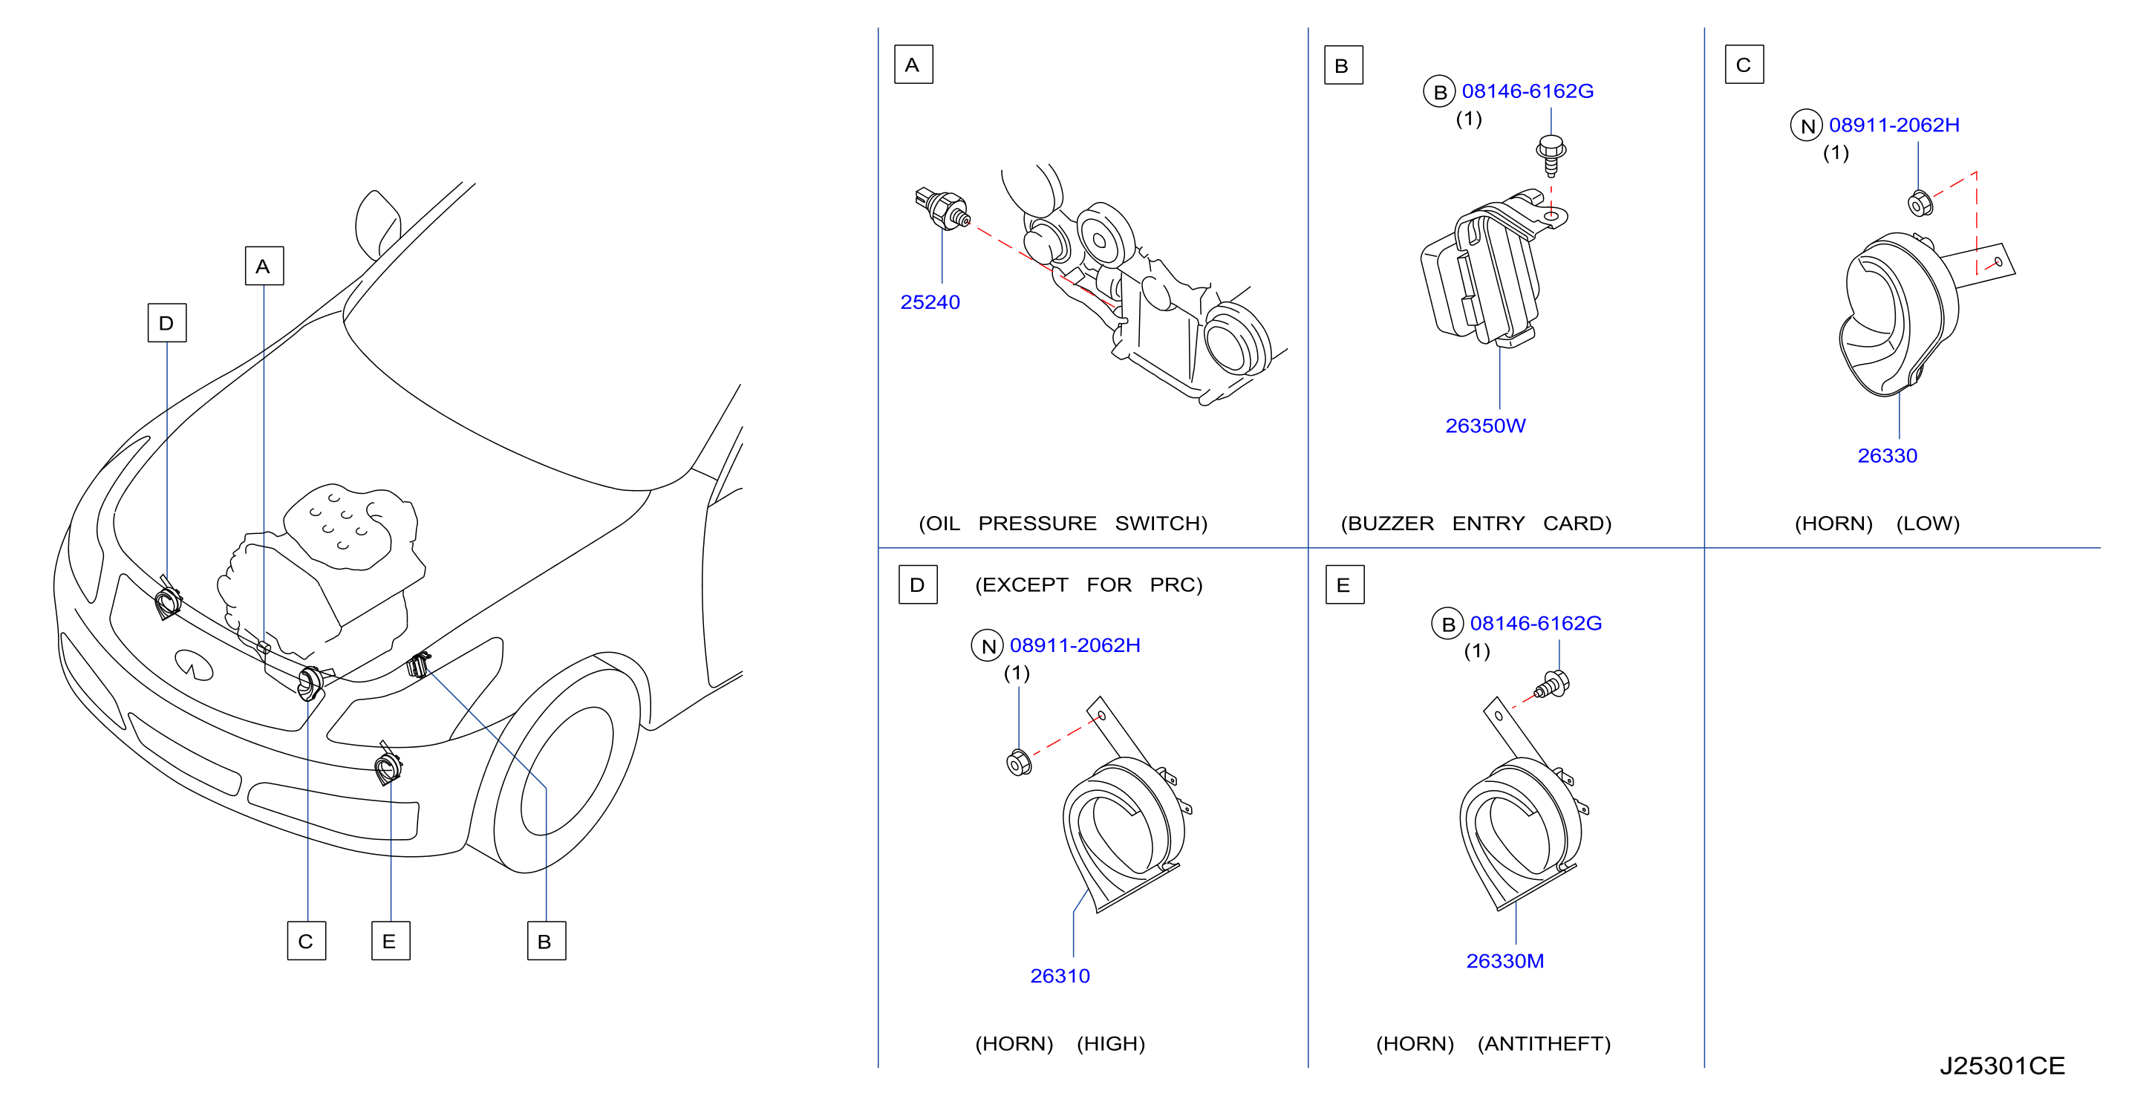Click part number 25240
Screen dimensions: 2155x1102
(x=930, y=302)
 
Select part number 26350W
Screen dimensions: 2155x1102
(x=1485, y=426)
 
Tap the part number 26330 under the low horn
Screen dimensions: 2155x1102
(x=1888, y=456)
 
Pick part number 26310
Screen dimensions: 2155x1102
(x=1060, y=976)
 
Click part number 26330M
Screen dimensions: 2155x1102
(x=1505, y=961)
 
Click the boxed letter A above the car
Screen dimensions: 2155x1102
(x=264, y=266)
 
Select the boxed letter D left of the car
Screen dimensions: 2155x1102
(x=167, y=323)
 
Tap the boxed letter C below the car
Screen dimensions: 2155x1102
(x=306, y=941)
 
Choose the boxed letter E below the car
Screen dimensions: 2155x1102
(x=391, y=941)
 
